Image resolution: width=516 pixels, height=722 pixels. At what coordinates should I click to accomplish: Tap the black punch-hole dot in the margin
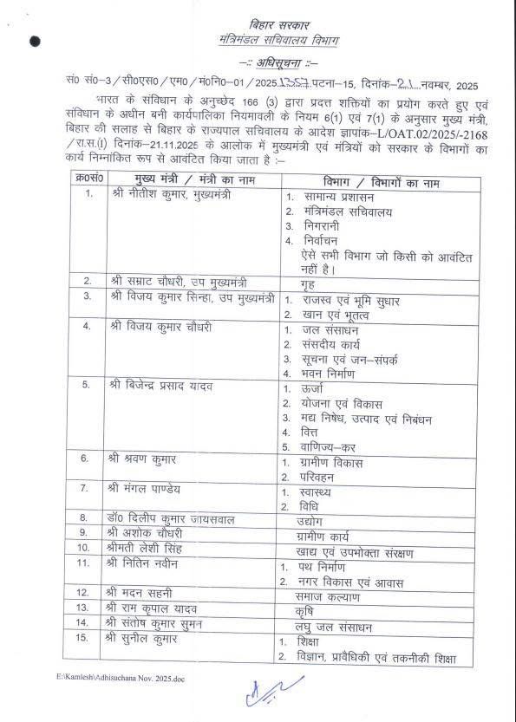pos(34,40)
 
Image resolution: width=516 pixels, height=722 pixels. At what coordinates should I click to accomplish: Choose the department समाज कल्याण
pos(326,596)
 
